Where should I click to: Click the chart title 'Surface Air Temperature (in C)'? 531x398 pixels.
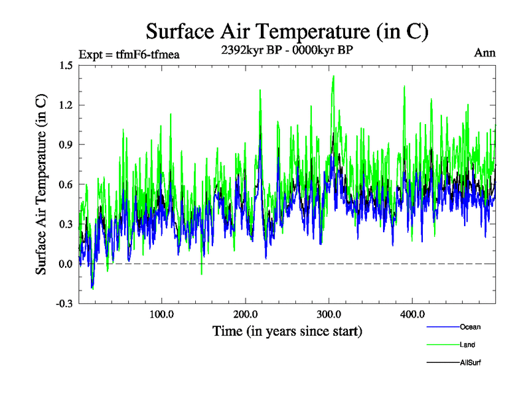pos(286,31)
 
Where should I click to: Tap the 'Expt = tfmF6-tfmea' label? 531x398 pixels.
pos(129,54)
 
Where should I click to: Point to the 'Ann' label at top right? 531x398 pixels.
pos(485,53)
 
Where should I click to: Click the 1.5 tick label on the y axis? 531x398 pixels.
pos(65,65)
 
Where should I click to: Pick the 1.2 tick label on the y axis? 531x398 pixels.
pos(65,105)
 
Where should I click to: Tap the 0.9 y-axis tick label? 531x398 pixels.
pos(65,145)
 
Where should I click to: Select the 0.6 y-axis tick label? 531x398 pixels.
pos(65,184)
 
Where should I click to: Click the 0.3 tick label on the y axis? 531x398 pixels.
pos(65,224)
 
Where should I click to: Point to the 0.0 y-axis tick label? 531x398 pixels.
pos(65,264)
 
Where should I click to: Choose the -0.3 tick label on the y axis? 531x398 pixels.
pos(64,304)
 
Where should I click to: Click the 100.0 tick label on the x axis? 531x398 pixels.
pos(162,314)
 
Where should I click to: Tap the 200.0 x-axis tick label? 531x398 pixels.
pos(246,314)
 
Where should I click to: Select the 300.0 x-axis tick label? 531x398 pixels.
pos(329,314)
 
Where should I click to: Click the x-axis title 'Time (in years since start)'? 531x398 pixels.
pos(287,330)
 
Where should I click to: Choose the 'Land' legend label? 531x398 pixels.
pos(467,345)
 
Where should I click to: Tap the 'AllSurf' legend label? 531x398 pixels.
pos(471,363)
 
